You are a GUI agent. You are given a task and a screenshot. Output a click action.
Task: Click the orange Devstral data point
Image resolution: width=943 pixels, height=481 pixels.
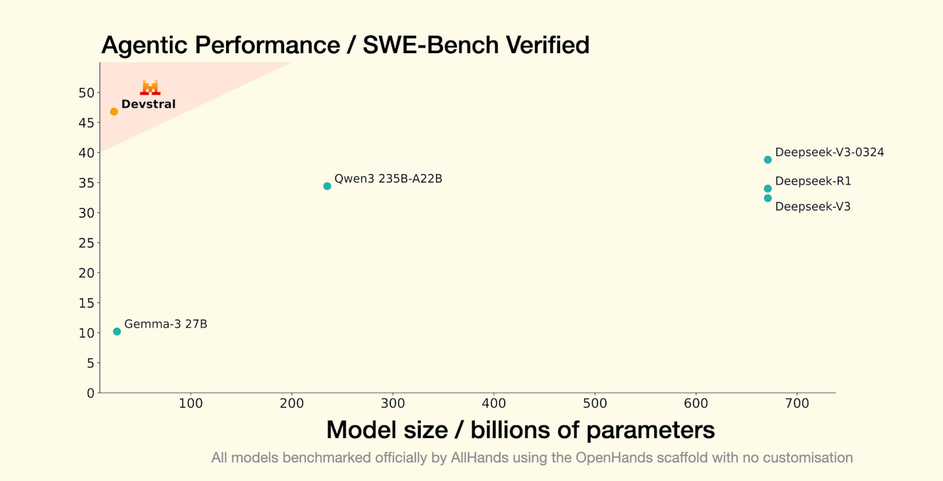click(x=114, y=111)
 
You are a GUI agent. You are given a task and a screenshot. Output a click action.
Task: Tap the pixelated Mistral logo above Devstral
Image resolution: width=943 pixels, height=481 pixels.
click(x=150, y=87)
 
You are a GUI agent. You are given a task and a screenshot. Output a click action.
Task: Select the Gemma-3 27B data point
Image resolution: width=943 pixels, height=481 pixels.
click(x=117, y=332)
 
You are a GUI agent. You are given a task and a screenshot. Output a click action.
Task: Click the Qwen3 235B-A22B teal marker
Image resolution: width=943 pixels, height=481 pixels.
click(x=327, y=186)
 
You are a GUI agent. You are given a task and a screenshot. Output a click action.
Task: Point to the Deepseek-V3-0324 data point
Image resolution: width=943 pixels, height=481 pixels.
click(x=768, y=160)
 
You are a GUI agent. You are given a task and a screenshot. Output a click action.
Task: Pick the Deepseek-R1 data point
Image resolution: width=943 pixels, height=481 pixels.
click(x=768, y=189)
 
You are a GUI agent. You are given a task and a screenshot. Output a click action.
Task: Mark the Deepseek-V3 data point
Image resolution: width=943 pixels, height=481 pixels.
click(x=768, y=198)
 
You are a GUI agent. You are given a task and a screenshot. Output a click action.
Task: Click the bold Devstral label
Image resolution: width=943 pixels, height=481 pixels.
click(x=148, y=104)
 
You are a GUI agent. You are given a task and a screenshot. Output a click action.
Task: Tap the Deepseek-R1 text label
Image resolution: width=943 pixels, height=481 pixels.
click(x=813, y=181)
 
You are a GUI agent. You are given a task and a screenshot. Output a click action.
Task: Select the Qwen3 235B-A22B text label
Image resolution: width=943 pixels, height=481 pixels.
click(x=388, y=179)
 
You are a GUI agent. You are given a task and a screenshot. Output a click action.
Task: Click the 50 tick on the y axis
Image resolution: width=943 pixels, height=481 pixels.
click(x=86, y=93)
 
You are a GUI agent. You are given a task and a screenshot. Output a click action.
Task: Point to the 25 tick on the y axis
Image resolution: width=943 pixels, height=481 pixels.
click(x=86, y=243)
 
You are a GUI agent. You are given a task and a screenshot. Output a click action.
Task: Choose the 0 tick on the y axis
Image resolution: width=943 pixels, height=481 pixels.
click(x=90, y=393)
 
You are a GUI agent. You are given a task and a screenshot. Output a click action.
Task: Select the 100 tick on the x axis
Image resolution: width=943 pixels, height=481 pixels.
click(x=190, y=403)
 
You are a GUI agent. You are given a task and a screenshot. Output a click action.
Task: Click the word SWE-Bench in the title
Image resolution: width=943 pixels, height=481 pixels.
click(x=430, y=45)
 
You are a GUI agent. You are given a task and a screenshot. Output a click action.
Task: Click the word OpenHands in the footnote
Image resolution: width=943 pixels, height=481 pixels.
click(x=613, y=458)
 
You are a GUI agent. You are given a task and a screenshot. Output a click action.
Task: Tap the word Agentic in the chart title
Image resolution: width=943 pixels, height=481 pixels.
click(x=144, y=45)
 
